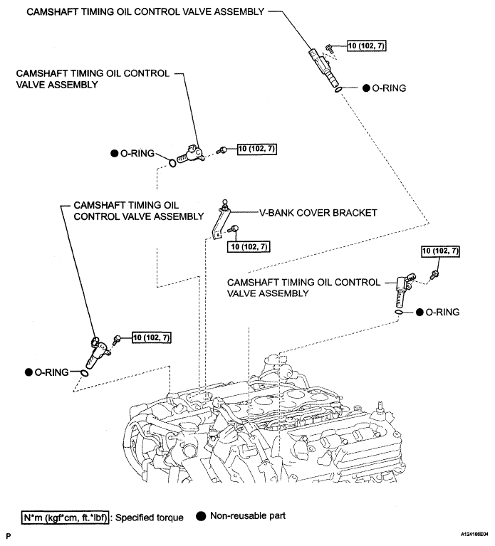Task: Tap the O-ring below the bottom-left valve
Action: click(x=83, y=372)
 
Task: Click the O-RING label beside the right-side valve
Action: click(x=442, y=312)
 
